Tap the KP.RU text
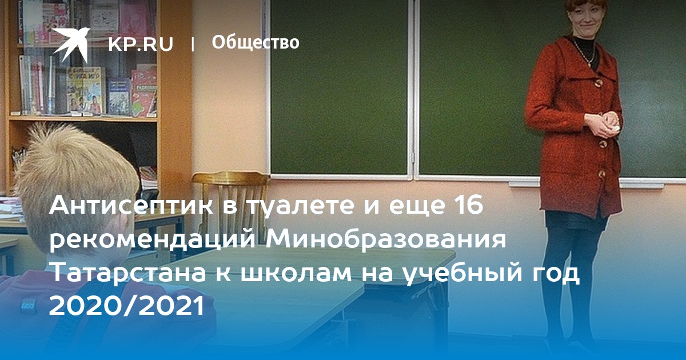coord(141,44)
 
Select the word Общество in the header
coord(256,42)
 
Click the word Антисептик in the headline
coord(131,206)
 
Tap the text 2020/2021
coord(127,306)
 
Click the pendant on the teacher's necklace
coord(589,64)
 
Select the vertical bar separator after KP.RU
coord(192,45)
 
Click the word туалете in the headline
coord(310,206)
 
